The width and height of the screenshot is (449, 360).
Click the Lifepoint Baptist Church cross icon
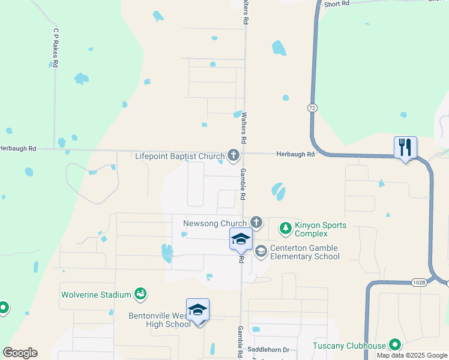pos(233,157)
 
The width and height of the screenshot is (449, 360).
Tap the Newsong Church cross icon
pos(256,223)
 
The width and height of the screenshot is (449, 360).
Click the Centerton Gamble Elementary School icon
pos(261,251)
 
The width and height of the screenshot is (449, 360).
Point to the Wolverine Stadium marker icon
pos(141,294)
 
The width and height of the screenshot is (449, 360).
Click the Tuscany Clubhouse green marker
pos(394,345)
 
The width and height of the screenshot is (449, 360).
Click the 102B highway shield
pos(419,282)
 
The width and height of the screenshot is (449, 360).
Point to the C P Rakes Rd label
pos(55,47)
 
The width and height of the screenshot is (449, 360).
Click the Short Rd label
pos(336,4)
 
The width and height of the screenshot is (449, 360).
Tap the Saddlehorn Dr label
pos(269,350)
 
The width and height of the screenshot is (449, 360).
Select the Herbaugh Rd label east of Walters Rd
pos(295,154)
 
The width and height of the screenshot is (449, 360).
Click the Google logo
pos(20,353)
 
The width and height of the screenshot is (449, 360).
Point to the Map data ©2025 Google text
pos(412,355)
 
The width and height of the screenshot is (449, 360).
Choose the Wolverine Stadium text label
pos(96,295)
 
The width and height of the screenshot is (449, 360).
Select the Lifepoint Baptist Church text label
pos(179,157)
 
